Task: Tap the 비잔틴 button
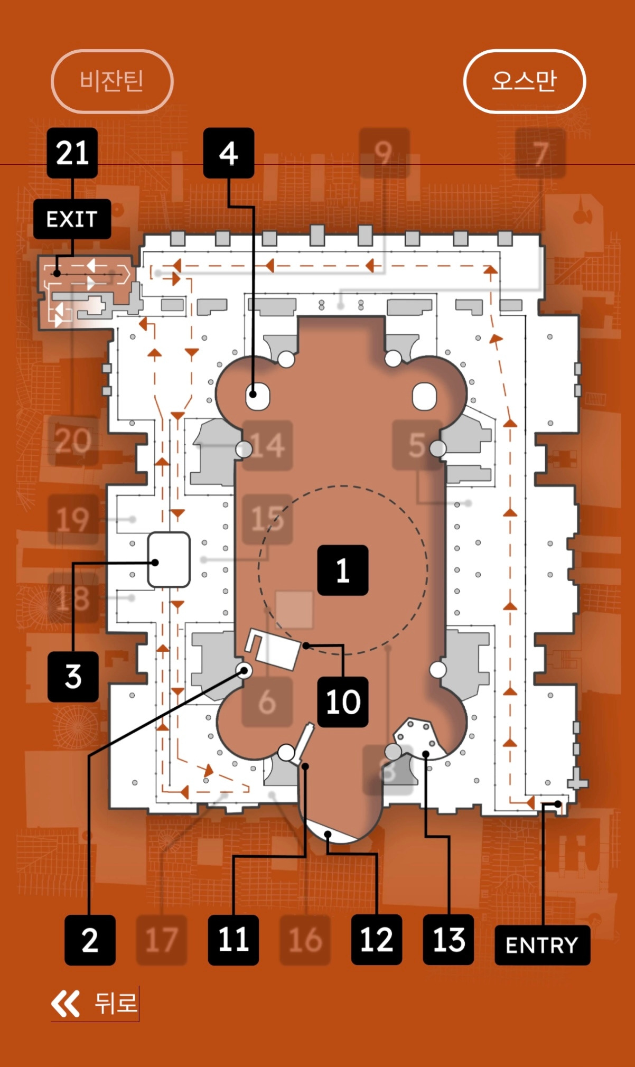pos(112,81)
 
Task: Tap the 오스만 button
pos(524,81)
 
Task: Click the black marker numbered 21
pos(72,153)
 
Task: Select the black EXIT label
pos(72,219)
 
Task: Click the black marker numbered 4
pos(228,153)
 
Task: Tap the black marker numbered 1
pos(342,570)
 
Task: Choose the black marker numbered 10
pos(342,702)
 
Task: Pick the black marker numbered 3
pos(73,677)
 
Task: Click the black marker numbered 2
pos(90,940)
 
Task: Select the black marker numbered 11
pos(233,940)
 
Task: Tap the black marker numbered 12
pos(376,940)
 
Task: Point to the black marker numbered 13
pos(448,940)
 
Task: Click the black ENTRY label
pos(542,945)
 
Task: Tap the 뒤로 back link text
pos(116,1003)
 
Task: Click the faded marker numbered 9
pos(384,153)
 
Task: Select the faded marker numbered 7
pos(540,153)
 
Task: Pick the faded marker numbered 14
pos(267,445)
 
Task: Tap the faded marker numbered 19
pos(73,519)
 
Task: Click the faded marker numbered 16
pos(305,940)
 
